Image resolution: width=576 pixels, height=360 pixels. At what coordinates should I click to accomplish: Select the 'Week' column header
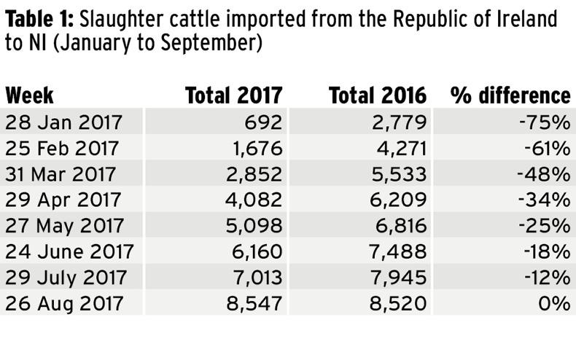29,95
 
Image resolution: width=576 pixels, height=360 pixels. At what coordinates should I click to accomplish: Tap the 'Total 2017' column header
233,95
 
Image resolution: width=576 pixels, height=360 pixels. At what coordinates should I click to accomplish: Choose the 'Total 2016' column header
377,95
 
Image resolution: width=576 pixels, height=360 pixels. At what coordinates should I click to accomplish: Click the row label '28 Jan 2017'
64,122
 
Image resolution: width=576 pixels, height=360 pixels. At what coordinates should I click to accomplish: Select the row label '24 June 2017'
69,251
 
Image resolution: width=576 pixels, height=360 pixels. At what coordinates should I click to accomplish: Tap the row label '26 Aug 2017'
65,303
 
